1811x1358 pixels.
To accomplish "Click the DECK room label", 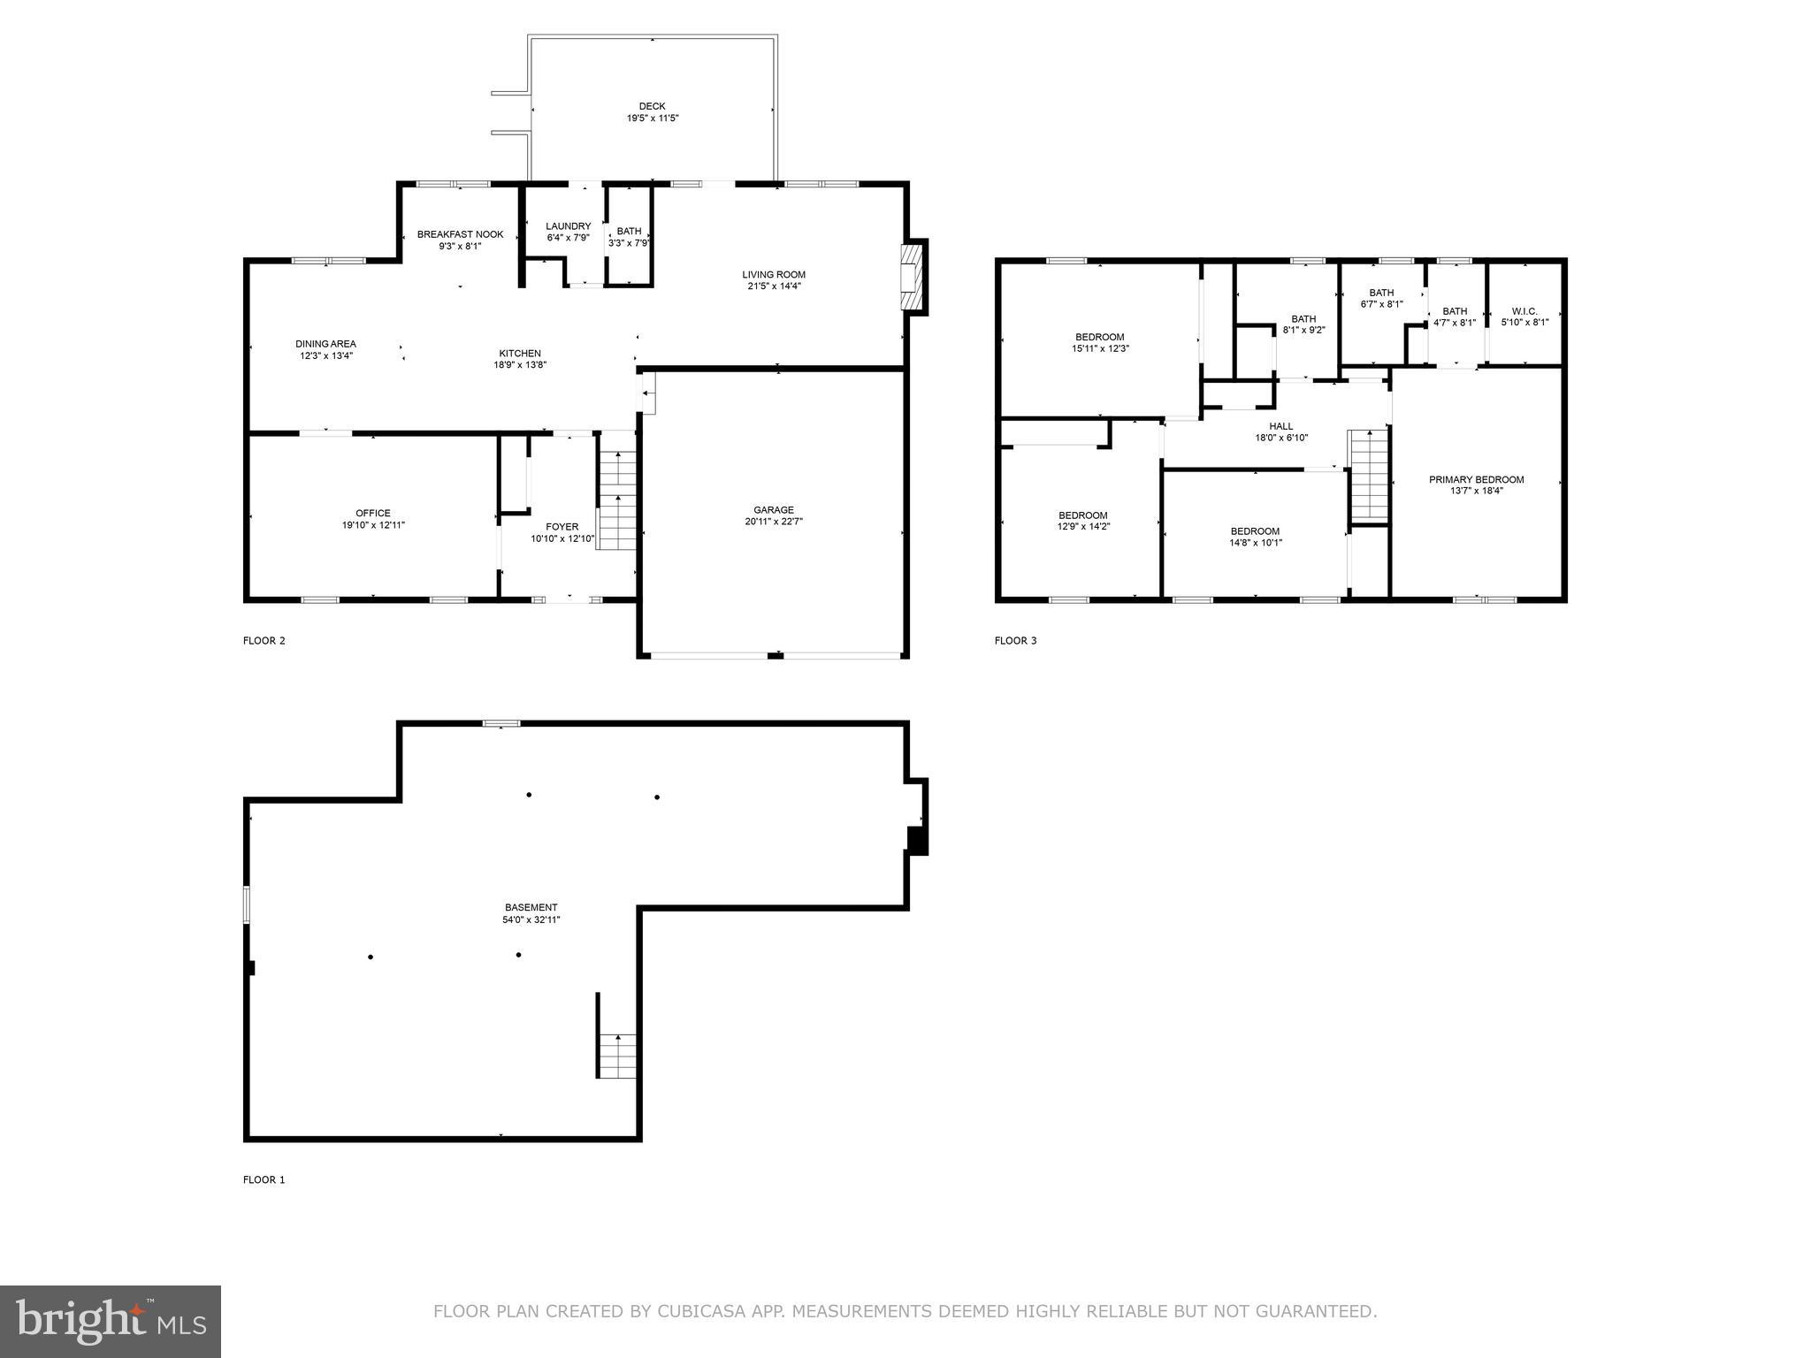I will (652, 106).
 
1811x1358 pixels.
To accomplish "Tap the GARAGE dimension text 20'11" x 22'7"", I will (773, 522).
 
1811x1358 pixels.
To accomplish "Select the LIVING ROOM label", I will (773, 274).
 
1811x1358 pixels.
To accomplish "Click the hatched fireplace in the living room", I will (910, 276).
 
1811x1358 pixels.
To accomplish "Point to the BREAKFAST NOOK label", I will (460, 234).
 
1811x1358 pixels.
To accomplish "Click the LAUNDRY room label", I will (568, 226).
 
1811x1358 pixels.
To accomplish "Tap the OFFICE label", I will (372, 513).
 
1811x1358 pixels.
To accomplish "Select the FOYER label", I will (562, 527).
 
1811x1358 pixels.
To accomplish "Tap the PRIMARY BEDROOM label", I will (1476, 479).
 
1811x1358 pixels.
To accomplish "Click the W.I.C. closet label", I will (1524, 311).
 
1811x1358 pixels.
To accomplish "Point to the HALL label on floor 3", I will (1280, 426).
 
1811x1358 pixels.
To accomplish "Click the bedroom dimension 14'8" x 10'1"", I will (1255, 543).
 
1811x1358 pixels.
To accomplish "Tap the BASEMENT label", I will (531, 907).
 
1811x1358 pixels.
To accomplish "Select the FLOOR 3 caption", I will (1015, 640).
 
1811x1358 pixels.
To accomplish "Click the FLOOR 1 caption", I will (264, 1179).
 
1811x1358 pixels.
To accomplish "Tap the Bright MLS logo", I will (111, 1321).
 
